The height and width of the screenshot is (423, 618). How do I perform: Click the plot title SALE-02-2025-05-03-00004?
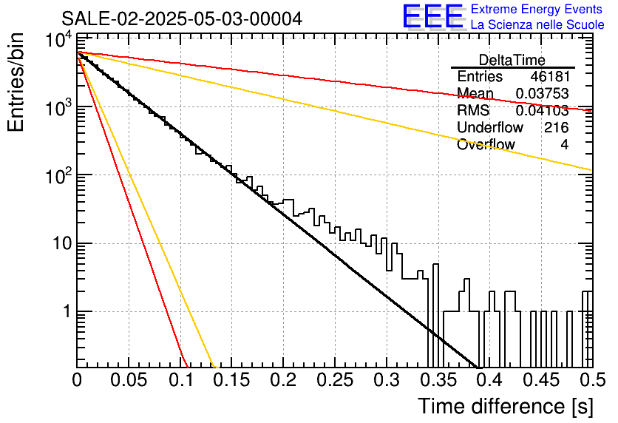tap(182, 18)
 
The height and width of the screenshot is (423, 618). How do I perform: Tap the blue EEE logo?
tap(433, 16)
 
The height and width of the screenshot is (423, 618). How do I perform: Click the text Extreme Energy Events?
tap(537, 9)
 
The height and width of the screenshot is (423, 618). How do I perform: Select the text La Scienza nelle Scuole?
tap(537, 24)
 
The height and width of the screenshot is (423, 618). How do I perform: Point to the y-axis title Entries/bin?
tap(16, 82)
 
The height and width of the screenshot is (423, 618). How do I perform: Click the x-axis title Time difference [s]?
tap(506, 407)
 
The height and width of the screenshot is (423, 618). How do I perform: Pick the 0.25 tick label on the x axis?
tap(334, 380)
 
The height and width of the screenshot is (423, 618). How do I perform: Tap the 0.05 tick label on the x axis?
tap(129, 380)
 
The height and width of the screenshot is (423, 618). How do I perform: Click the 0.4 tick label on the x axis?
tap(490, 380)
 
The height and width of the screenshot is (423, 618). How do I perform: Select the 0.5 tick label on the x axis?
tap(592, 380)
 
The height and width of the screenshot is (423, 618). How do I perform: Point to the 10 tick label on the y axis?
tap(63, 243)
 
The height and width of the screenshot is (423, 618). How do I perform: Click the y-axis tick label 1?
tap(67, 311)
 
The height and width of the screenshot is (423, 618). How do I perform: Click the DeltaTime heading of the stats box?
tap(512, 60)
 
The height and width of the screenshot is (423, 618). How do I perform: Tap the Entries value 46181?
tap(550, 76)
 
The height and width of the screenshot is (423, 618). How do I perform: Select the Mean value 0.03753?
tap(543, 93)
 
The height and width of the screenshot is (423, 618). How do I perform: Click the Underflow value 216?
tap(557, 127)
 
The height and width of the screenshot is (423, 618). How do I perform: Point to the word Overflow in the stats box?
tap(486, 144)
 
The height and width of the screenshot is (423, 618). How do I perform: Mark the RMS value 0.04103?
tap(543, 110)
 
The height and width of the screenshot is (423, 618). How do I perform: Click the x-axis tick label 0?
tap(77, 380)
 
